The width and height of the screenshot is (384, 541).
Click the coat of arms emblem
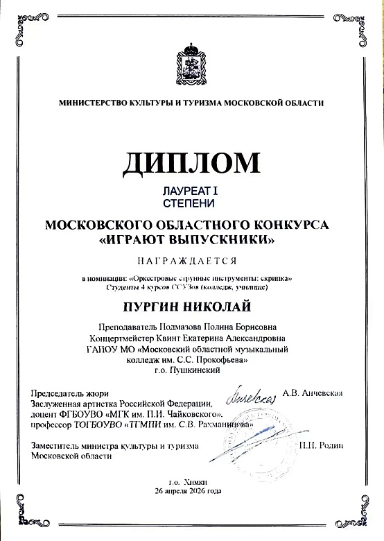coord(192,62)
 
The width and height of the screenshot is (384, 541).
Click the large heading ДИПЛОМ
coord(192,163)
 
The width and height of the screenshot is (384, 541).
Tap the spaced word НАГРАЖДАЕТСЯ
coord(192,261)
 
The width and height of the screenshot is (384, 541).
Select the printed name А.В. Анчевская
coord(313,393)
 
